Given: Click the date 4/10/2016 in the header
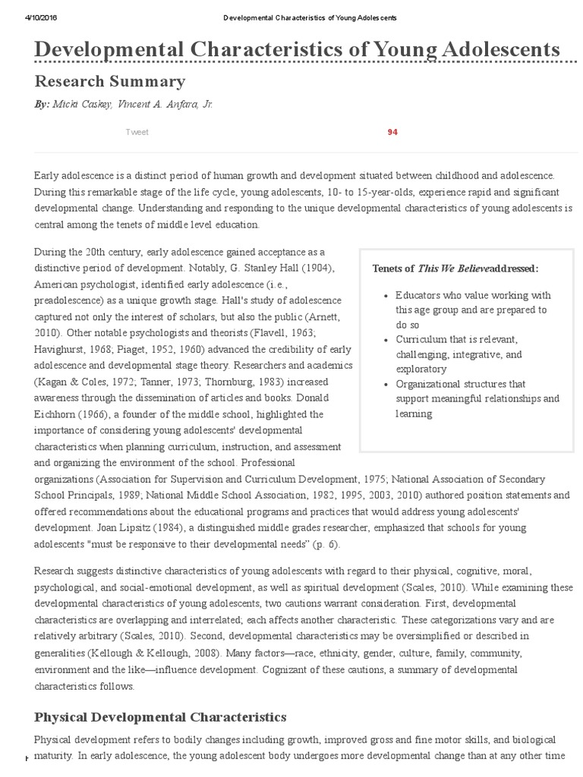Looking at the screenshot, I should [x=31, y=17].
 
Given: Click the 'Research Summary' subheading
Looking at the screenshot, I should [x=109, y=81].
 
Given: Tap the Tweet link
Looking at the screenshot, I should [x=137, y=132].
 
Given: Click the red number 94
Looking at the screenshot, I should [x=392, y=132].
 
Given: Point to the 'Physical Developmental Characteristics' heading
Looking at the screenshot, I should [x=160, y=716].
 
